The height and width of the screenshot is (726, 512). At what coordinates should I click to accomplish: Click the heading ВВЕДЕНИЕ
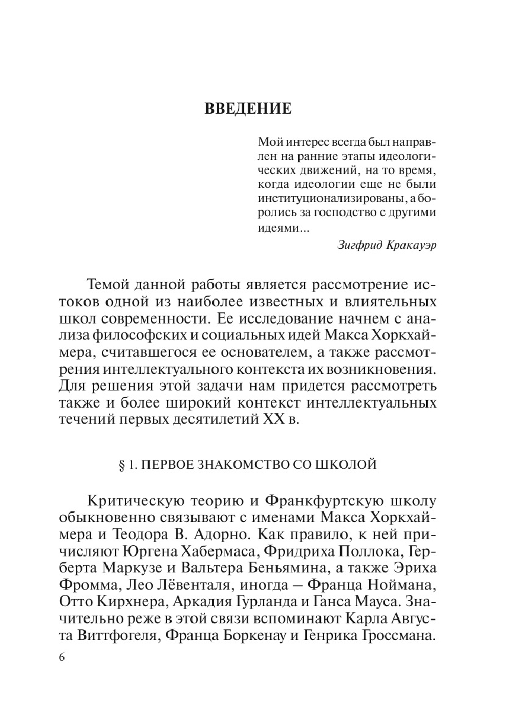click(x=248, y=109)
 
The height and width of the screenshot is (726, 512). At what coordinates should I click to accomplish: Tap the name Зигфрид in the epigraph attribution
click(x=359, y=245)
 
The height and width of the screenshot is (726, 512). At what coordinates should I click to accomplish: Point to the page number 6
click(x=62, y=658)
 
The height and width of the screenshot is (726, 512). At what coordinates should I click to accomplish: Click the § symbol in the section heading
click(x=122, y=465)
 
